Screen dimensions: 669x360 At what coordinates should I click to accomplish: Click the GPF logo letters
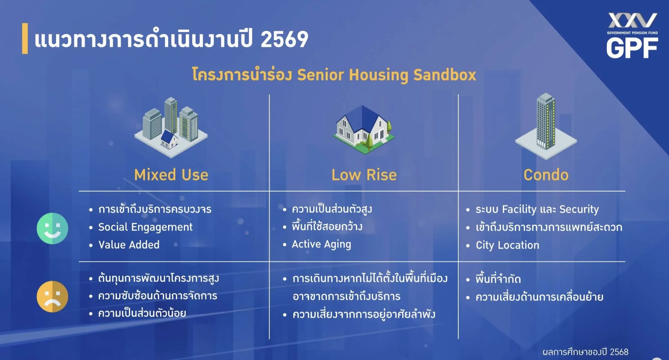click(x=632, y=48)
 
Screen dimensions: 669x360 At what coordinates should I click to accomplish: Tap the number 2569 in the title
click(x=284, y=39)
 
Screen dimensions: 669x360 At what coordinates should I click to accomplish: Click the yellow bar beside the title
click(x=25, y=38)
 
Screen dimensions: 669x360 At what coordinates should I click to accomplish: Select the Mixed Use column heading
click(x=171, y=175)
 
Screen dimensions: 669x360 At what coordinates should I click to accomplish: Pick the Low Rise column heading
click(x=364, y=175)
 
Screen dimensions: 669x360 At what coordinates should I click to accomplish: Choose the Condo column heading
click(x=546, y=175)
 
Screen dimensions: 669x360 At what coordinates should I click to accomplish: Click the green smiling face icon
click(x=52, y=228)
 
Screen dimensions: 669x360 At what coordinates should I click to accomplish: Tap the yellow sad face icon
click(x=52, y=296)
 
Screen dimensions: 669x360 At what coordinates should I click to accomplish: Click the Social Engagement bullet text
click(x=145, y=227)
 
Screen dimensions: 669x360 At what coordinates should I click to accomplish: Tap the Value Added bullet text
click(x=129, y=245)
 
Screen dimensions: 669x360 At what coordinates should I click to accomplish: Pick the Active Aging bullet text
click(x=322, y=244)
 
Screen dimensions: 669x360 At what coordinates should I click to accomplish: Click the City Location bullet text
click(x=507, y=245)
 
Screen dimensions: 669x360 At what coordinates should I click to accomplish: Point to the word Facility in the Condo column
click(x=519, y=210)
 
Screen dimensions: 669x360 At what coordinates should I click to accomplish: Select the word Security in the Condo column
click(x=579, y=210)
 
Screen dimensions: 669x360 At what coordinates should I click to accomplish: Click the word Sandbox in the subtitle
click(x=445, y=75)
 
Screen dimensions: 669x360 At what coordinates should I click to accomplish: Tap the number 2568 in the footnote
click(x=619, y=352)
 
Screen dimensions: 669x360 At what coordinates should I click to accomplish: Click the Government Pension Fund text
click(x=632, y=33)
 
